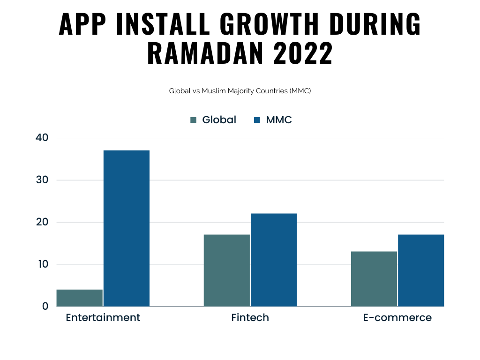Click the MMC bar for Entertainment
tap(127, 228)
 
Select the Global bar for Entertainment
tap(80, 298)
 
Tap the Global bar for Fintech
tap(227, 270)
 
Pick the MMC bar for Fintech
tap(274, 260)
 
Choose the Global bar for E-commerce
tap(374, 279)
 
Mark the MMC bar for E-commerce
tap(421, 270)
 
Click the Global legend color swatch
tap(194, 120)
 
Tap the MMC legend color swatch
tap(257, 120)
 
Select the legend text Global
tap(219, 120)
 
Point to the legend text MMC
tap(279, 120)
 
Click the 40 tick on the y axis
tap(42, 138)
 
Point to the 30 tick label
tap(42, 180)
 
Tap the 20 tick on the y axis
tap(42, 222)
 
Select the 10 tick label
tap(42, 264)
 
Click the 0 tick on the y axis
tap(45, 306)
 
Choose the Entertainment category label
tap(103, 318)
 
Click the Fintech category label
tap(250, 318)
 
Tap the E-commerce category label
tap(397, 318)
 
